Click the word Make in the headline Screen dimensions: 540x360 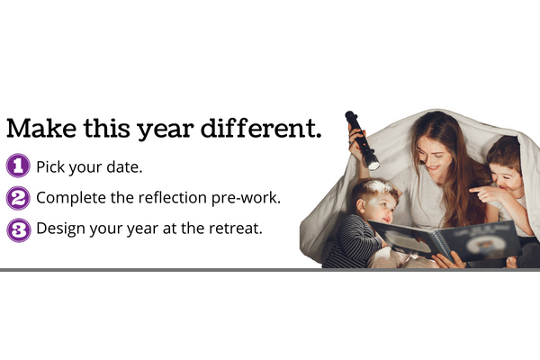tap(41, 128)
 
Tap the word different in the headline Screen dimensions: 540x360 tap(261, 128)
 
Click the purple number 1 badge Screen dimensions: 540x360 tap(18, 166)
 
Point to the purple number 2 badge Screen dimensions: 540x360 tap(18, 198)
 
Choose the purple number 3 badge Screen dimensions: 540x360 tap(18, 230)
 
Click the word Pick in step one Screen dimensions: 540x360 tap(50, 166)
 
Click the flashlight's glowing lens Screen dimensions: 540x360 tap(373, 166)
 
